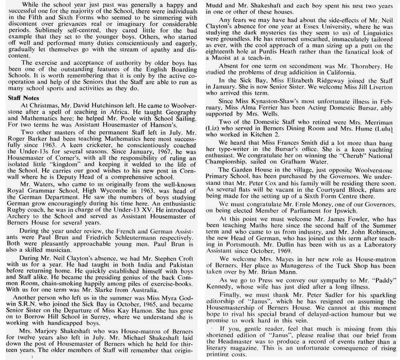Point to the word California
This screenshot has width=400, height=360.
click(335, 73)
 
